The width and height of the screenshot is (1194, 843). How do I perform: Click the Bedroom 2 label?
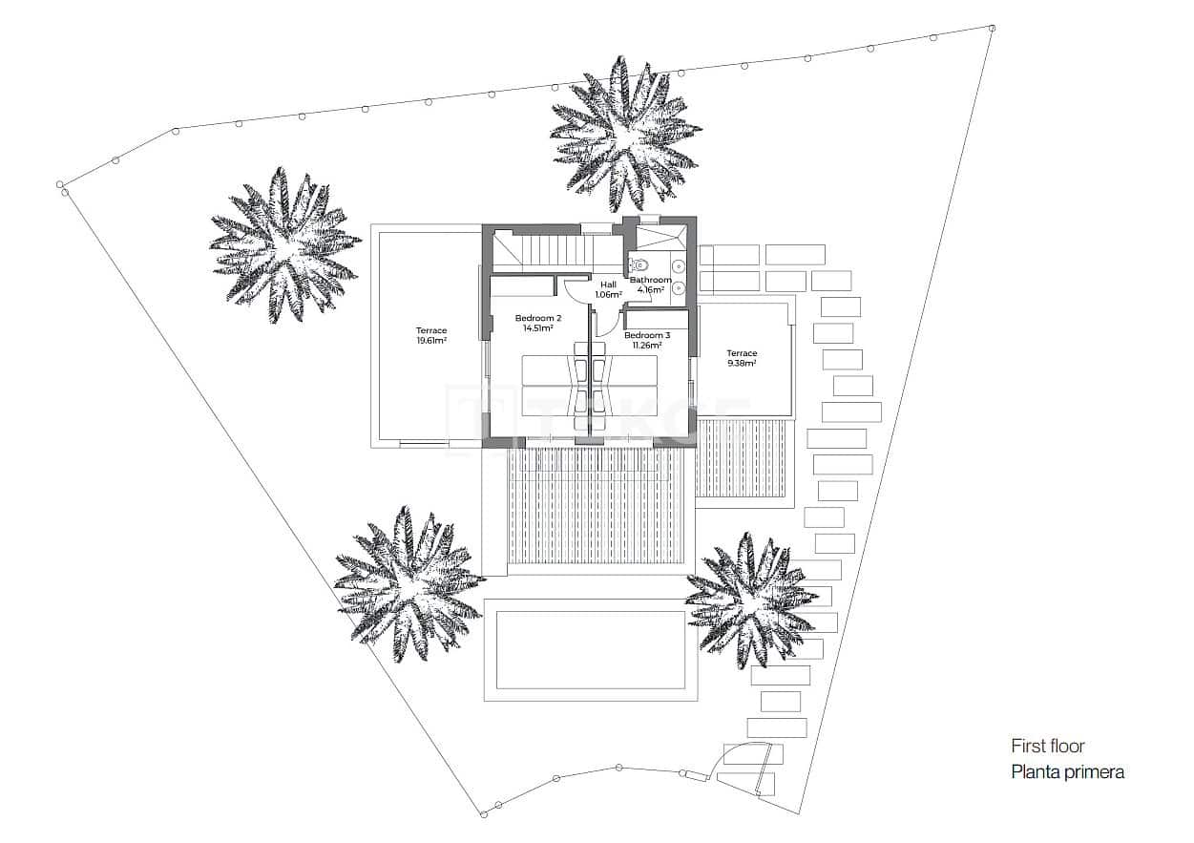click(x=538, y=318)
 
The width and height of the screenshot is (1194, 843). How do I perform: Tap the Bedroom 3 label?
click(x=647, y=335)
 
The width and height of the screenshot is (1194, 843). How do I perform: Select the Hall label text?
click(x=608, y=285)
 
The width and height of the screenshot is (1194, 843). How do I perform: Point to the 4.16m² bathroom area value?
click(x=651, y=289)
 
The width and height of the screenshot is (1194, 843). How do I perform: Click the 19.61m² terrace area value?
click(x=431, y=341)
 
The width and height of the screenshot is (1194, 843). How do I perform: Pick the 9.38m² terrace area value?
click(x=742, y=363)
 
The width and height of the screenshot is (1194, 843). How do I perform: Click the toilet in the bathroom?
click(x=639, y=265)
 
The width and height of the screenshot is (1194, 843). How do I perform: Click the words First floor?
click(x=1048, y=747)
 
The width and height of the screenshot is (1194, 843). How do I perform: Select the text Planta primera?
click(x=1067, y=772)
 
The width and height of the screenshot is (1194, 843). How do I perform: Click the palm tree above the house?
click(x=625, y=134)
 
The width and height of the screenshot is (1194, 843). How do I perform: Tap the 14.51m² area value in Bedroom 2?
click(x=538, y=328)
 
